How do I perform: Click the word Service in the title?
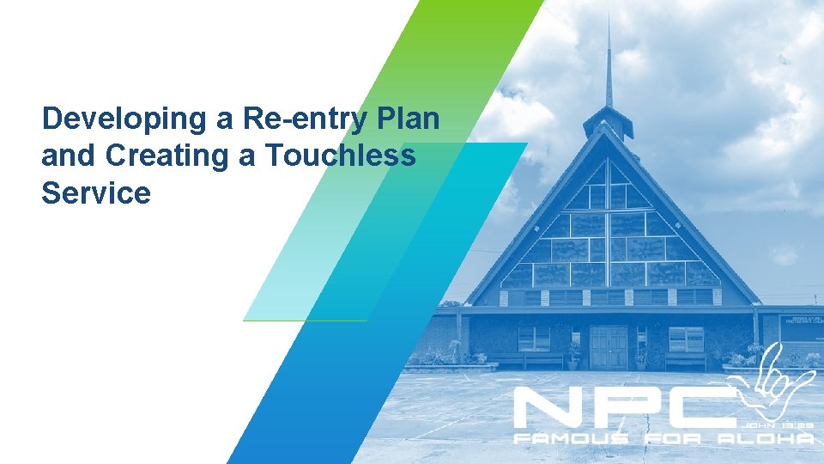coord(95,193)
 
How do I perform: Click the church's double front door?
coord(609,347)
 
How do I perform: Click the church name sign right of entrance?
coord(801,327)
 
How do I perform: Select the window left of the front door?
coord(534,339)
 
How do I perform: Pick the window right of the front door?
coord(685,339)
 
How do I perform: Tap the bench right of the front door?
coord(687,361)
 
